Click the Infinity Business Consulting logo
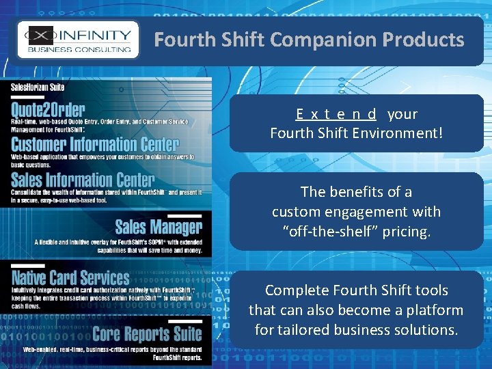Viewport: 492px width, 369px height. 77,40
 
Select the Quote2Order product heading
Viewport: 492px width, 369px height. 49,109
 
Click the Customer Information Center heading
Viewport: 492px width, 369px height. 95,144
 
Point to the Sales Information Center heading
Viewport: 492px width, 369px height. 83,180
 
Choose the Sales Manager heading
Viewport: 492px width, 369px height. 159,228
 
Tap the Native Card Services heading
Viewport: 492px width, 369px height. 70,277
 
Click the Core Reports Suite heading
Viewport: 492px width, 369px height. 147,334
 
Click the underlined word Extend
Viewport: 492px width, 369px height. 336,114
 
